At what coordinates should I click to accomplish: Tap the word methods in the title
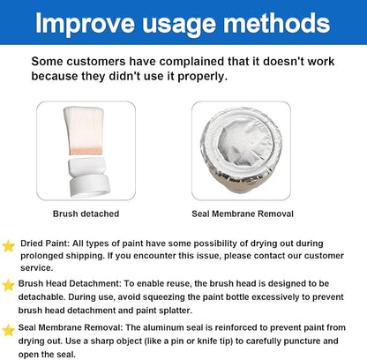tap(277, 23)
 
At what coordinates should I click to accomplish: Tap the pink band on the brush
tap(86, 152)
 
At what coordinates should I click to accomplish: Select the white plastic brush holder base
tap(89, 176)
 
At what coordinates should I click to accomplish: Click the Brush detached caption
tap(86, 214)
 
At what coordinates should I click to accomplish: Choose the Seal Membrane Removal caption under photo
tap(243, 214)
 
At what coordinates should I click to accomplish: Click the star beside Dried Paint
tap(9, 246)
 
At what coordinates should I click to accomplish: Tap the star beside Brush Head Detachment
tap(8, 285)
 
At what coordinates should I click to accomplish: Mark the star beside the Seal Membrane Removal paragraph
tap(8, 331)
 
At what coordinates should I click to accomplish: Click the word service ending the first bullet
tap(37, 268)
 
